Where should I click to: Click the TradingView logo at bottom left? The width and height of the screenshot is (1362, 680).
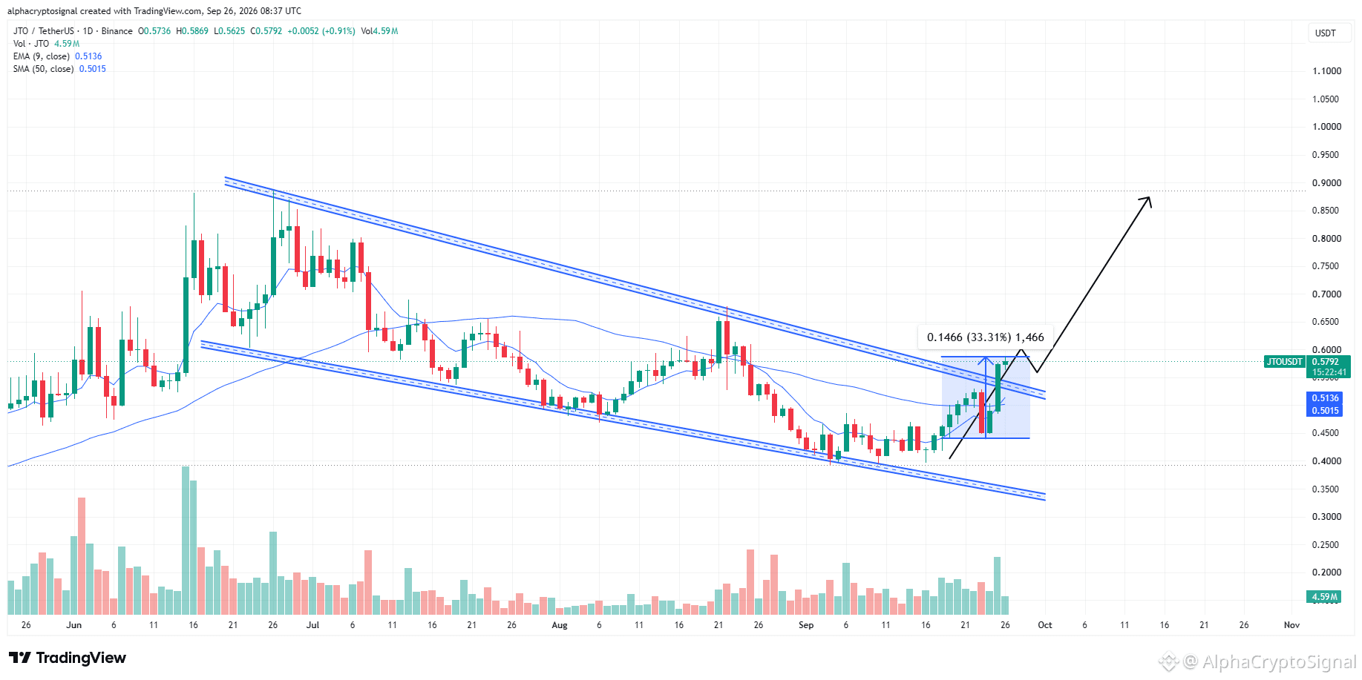(x=68, y=658)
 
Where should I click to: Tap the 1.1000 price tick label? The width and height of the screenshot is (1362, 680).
(x=1326, y=71)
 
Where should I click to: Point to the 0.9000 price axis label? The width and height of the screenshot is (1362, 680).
(x=1326, y=182)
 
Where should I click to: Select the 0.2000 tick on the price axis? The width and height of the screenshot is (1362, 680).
(x=1326, y=572)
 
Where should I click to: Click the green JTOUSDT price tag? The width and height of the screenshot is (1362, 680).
(x=1284, y=362)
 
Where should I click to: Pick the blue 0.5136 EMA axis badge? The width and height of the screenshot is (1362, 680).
(x=1325, y=398)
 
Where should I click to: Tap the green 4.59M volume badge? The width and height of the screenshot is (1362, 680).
(x=1324, y=597)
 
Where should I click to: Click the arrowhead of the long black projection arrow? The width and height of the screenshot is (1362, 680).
(x=1147, y=201)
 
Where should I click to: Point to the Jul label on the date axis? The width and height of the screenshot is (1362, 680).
(x=312, y=625)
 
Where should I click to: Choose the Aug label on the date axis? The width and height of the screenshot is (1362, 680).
(x=560, y=625)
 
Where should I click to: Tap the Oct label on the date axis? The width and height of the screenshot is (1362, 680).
(x=1045, y=625)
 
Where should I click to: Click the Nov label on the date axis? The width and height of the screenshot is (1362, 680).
(x=1292, y=625)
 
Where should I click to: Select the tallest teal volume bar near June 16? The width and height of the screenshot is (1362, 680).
(x=186, y=541)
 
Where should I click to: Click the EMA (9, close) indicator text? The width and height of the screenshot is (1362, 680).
(x=42, y=56)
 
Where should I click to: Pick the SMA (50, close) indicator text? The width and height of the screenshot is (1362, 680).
(x=43, y=69)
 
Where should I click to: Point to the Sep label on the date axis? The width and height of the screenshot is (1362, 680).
(x=806, y=625)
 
